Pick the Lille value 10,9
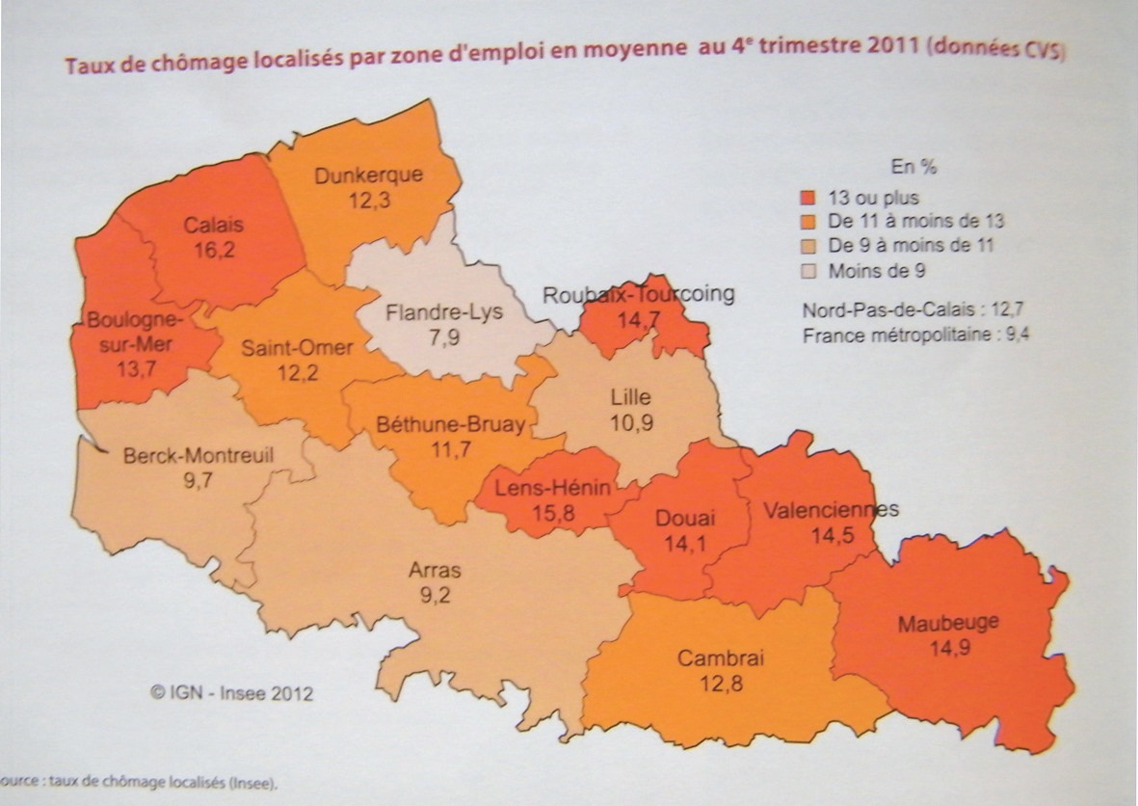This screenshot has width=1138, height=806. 631,421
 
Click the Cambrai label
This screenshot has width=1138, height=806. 720,659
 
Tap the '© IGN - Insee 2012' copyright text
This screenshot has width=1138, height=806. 231,691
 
